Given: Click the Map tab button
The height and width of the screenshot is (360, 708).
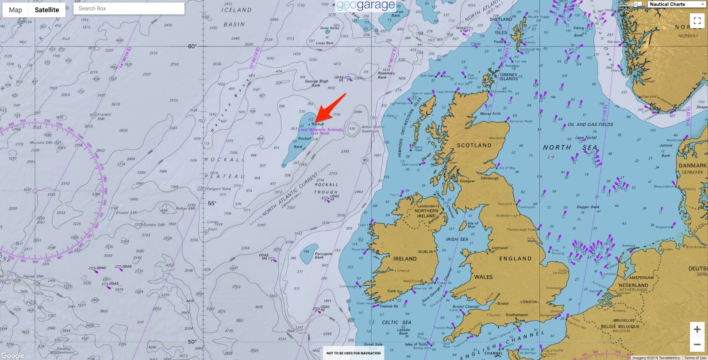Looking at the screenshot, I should pos(15,10).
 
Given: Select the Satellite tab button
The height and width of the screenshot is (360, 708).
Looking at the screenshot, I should pos(47,10).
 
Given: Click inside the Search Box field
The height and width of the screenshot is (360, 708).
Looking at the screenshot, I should pos(128,8).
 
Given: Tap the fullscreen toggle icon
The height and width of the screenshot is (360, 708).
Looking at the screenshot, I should pos(697,21).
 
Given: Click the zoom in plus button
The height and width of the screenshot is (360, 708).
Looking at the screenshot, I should pos(697,329).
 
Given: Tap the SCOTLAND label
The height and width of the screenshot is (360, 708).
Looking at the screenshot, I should pos(474,145).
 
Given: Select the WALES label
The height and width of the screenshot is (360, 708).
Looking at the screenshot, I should pos(483,277).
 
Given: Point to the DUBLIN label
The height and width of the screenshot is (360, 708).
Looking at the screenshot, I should pos(426,252).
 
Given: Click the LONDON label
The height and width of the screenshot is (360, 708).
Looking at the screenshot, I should pos(529,302).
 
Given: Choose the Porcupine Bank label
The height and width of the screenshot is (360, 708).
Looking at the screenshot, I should pos(323,255).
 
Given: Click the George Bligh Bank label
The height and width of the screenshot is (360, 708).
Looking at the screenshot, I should pos(316,83).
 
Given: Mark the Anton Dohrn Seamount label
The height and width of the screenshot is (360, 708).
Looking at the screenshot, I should pos(373,129).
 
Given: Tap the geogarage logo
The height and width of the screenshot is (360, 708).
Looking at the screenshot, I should pos(366,6).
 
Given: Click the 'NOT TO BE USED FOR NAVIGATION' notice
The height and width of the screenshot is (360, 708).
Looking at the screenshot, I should pos(354,353).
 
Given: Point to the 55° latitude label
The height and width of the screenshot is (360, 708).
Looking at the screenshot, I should pos(212,203).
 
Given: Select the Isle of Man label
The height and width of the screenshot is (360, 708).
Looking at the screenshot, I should pos(473,225).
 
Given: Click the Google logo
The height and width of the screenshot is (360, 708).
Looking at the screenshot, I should pos(12,356).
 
